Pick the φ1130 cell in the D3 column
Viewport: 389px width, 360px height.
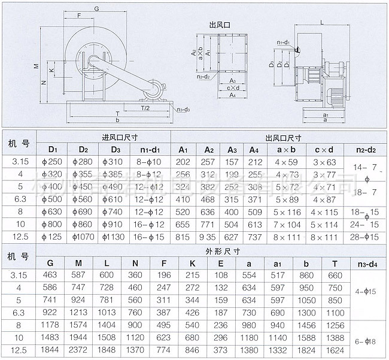[x=113, y=236]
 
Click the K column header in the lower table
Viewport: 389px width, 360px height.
[x=192, y=262]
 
